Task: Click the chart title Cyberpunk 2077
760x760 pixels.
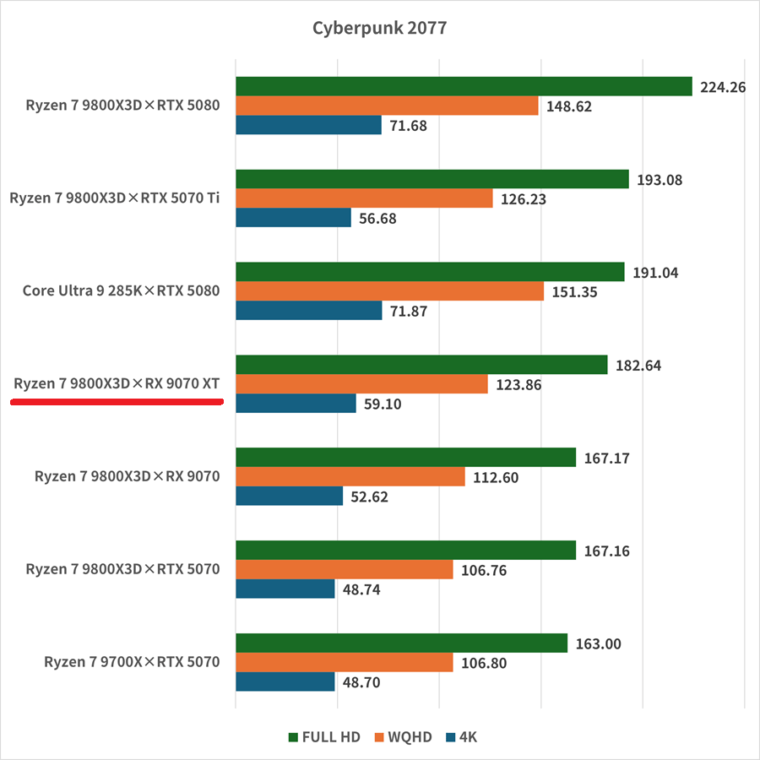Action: tap(379, 28)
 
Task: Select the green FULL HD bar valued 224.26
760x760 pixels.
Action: tap(464, 86)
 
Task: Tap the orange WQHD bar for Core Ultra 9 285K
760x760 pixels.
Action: tap(389, 291)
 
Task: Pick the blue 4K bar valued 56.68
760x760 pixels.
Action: tap(293, 218)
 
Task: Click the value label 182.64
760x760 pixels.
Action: tap(641, 366)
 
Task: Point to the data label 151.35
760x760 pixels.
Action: tap(578, 292)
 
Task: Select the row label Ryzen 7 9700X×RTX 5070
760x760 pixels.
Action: tap(132, 661)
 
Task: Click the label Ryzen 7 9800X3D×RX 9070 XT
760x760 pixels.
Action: tap(117, 384)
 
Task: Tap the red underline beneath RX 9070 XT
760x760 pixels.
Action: tap(117, 403)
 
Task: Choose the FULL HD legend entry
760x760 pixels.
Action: tap(324, 737)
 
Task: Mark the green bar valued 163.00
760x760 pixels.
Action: tap(401, 643)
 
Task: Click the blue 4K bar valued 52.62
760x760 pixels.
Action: tap(289, 496)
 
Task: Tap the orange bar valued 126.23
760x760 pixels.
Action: tap(364, 198)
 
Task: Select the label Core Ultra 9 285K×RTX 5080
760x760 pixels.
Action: tap(121, 291)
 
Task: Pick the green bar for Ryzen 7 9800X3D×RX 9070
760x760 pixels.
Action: tap(405, 458)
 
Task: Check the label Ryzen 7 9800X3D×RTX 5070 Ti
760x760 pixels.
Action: tap(115, 198)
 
